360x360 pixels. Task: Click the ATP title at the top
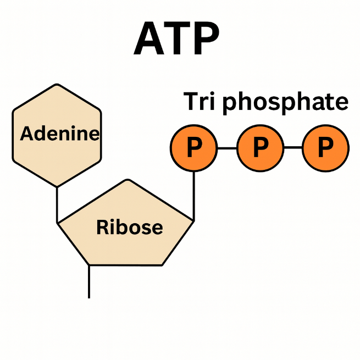(176, 40)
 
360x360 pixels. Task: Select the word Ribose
(129, 226)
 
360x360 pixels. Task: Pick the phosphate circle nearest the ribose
(193, 147)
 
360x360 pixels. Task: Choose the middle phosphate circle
(260, 147)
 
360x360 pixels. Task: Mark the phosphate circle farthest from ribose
(325, 147)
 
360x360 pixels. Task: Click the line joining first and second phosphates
(226, 147)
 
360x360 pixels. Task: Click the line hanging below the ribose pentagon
(89, 281)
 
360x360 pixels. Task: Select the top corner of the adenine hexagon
(57, 84)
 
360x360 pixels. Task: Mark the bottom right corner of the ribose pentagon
(162, 265)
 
